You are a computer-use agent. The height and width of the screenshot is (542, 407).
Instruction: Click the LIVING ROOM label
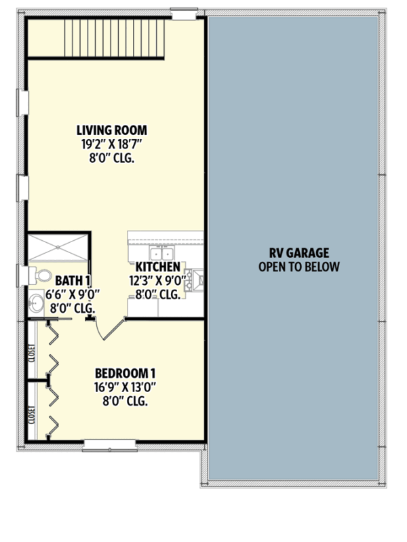(x=113, y=130)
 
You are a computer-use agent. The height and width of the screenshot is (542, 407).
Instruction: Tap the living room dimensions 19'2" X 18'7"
(x=113, y=144)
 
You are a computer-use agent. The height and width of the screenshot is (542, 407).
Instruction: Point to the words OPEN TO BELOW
(x=299, y=267)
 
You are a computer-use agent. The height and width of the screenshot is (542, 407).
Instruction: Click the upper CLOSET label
(x=33, y=353)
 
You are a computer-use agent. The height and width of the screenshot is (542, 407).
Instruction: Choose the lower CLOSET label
(x=33, y=414)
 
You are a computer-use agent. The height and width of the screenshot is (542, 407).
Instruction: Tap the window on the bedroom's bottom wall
(x=109, y=444)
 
